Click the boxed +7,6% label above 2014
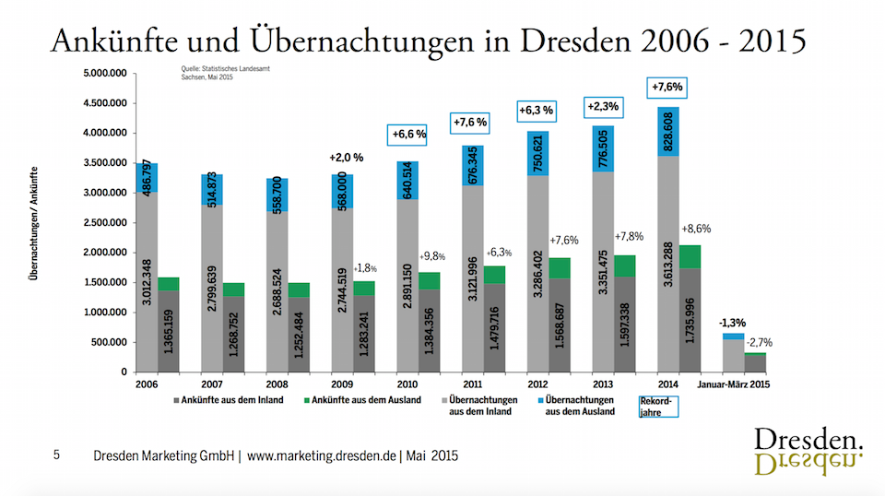click(x=667, y=88)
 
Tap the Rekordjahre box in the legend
click(x=658, y=407)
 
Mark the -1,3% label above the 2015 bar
click(x=734, y=323)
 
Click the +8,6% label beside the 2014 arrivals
click(x=697, y=228)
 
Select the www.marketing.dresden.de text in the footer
click(x=322, y=455)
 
